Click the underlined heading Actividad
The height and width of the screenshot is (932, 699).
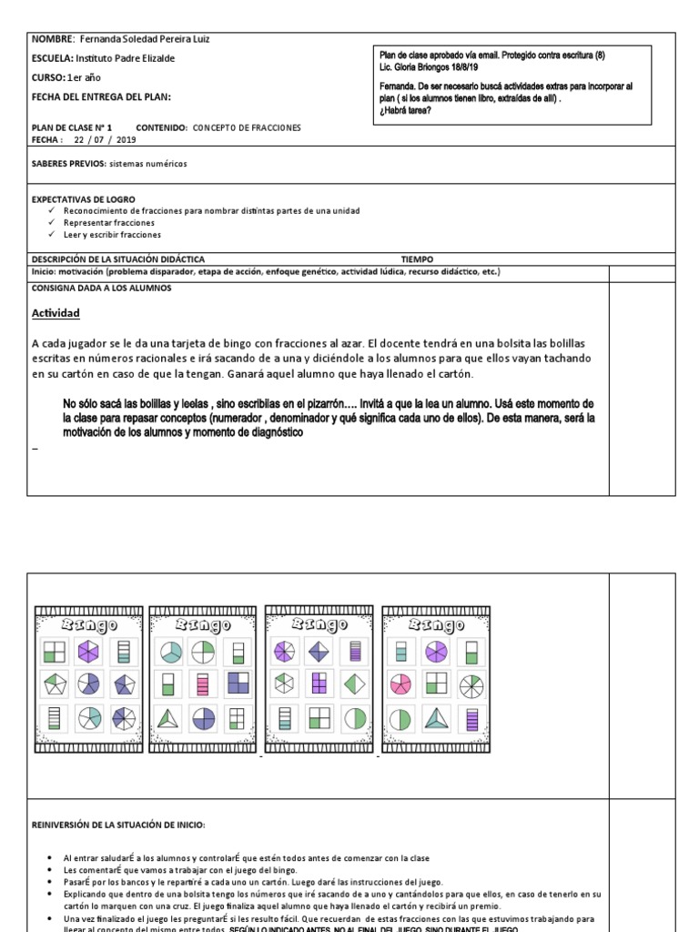click(x=56, y=313)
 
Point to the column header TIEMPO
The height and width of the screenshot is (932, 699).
click(x=417, y=258)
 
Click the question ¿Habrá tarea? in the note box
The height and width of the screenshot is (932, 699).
click(x=405, y=110)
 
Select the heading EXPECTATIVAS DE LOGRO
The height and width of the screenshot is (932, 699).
click(x=83, y=198)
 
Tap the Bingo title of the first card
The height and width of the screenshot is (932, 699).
click(x=88, y=624)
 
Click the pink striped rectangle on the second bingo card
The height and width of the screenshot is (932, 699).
click(x=204, y=684)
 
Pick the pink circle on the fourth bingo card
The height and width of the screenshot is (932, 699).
click(x=400, y=684)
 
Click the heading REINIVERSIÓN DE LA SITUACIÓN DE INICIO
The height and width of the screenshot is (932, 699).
click(x=118, y=825)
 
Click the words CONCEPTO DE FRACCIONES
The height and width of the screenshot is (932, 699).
click(x=246, y=128)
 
